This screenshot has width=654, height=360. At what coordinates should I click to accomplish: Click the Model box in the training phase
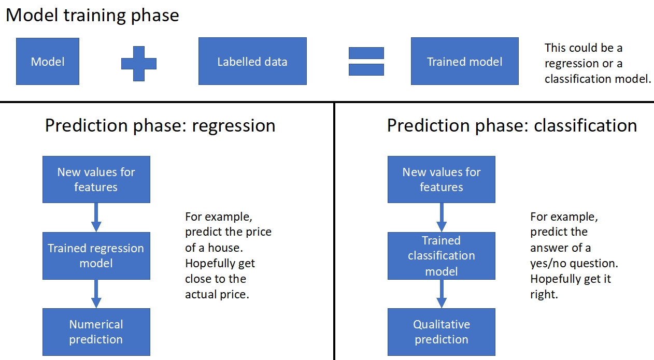pyautogui.click(x=48, y=62)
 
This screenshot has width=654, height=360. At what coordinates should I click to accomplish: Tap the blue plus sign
pyautogui.click(x=138, y=63)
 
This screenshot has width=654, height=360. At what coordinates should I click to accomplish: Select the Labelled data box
pyautogui.click(x=252, y=62)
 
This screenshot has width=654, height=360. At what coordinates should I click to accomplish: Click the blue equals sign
pyautogui.click(x=366, y=61)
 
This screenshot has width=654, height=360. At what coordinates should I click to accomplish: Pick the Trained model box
pyautogui.click(x=464, y=62)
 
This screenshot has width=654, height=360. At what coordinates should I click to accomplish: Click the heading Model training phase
pyautogui.click(x=92, y=15)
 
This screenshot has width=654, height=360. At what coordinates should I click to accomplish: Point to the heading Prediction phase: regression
pyautogui.click(x=160, y=125)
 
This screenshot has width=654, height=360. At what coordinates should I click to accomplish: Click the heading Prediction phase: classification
pyautogui.click(x=512, y=125)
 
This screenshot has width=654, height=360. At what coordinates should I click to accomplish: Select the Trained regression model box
pyautogui.click(x=96, y=256)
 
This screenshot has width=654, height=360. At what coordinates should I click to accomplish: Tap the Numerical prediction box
pyautogui.click(x=96, y=332)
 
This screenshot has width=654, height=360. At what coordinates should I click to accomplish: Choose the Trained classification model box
pyautogui.click(x=441, y=256)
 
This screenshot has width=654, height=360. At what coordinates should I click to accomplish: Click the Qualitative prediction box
pyautogui.click(x=441, y=332)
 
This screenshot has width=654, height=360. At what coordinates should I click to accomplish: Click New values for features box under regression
pyautogui.click(x=96, y=179)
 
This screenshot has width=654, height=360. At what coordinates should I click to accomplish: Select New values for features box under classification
pyautogui.click(x=441, y=179)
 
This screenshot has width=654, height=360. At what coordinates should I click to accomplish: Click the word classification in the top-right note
pyautogui.click(x=575, y=79)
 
